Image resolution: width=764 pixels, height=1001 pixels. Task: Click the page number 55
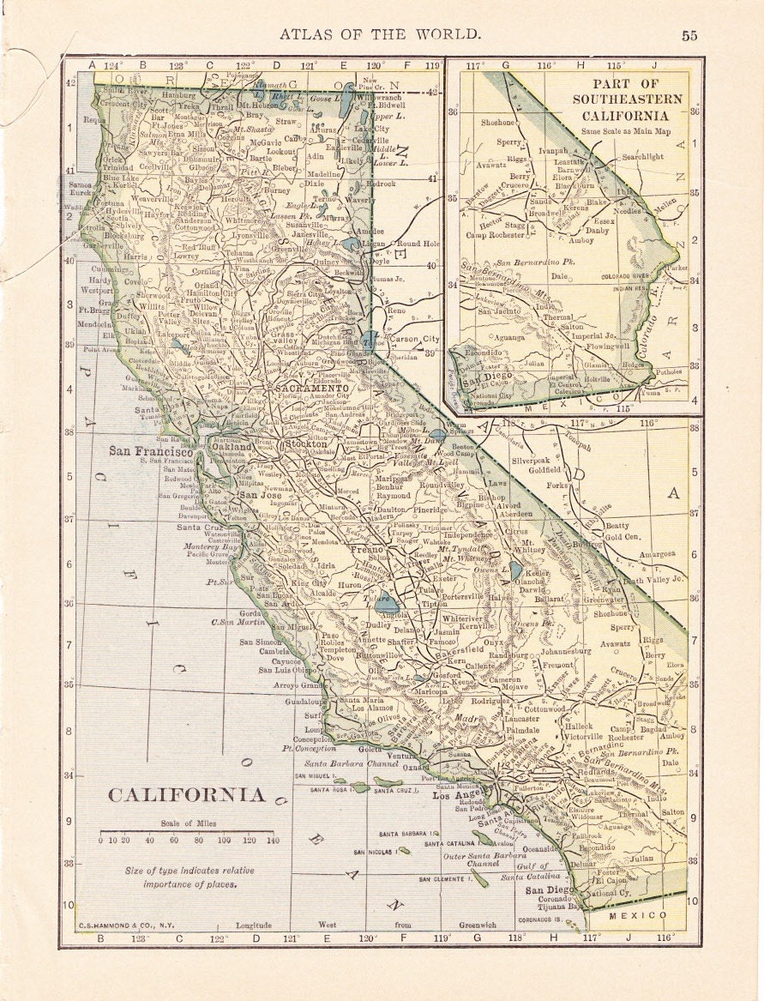coord(689,35)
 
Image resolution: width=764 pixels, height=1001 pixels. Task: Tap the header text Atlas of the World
coord(380,34)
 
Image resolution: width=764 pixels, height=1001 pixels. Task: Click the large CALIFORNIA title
coord(186,795)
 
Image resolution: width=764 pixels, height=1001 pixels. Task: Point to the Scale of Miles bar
coord(186,831)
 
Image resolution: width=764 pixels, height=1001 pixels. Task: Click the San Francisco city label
coord(150,451)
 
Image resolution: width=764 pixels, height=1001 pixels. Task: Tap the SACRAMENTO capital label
coord(311,389)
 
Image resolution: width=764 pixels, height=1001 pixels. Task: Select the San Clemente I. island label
coord(447,879)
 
